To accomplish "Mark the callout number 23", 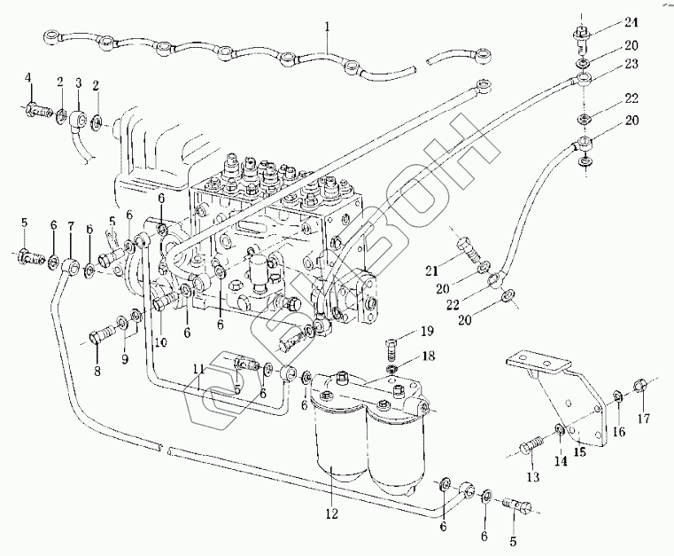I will pos(630,64).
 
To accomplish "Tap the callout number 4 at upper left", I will pos(28,80).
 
